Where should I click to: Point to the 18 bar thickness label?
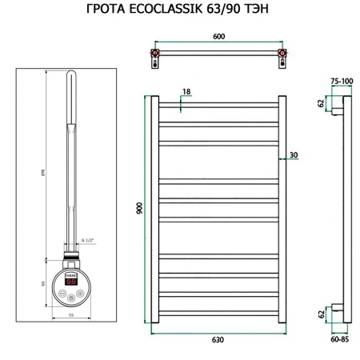[186, 93]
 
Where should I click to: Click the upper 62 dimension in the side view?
[321, 104]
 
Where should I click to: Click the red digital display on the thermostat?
[70, 282]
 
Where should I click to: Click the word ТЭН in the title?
[260, 11]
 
